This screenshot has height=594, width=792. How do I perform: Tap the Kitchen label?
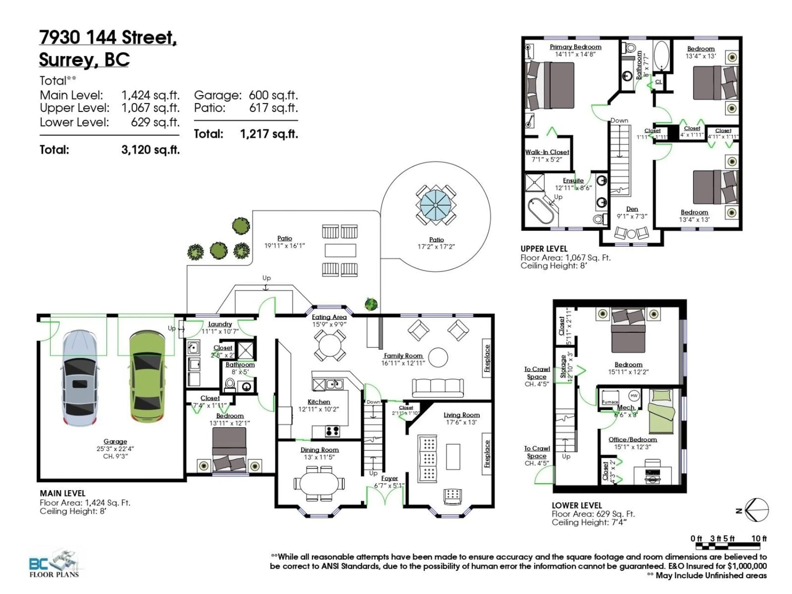click(x=319, y=402)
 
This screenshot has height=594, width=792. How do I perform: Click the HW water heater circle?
click(x=634, y=396)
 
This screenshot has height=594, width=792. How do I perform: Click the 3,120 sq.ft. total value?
click(x=150, y=150)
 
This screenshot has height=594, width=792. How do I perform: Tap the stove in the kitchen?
click(x=332, y=431)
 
